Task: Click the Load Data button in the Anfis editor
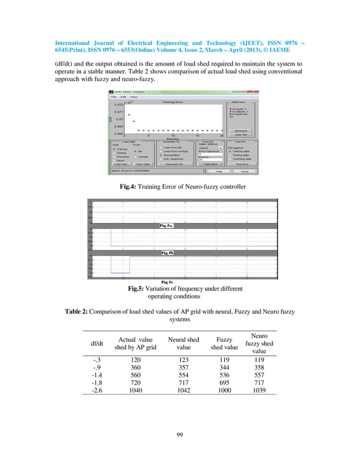coord(120,164)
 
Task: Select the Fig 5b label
coord(168,253)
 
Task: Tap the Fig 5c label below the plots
coord(168,282)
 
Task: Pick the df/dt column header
coord(97,343)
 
